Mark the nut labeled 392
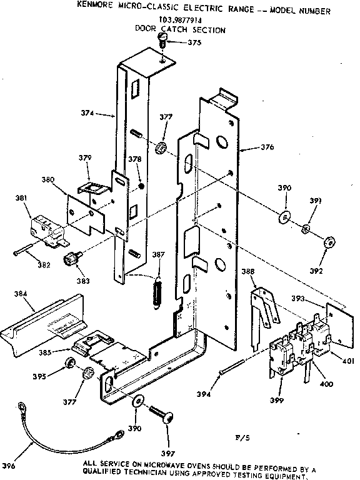[x=331, y=241]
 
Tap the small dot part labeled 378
[x=142, y=186]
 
